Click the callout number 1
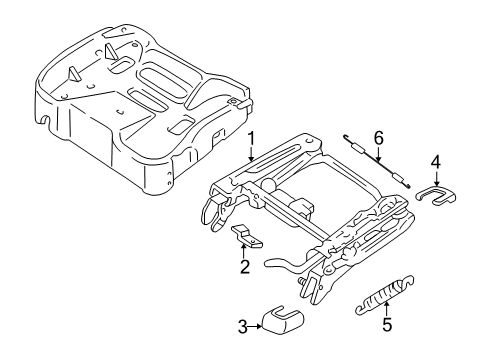pos(252,139)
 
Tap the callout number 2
pos(242,267)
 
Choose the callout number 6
pos(379,138)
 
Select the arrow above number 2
pos(242,250)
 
